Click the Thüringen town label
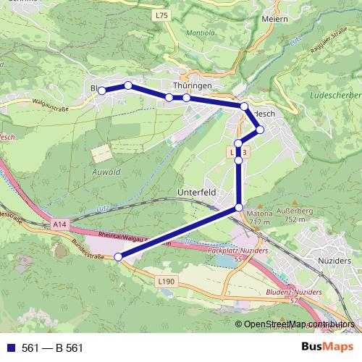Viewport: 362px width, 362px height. tap(193, 85)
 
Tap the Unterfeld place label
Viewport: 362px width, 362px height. tap(196, 193)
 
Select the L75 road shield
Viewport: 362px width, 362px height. tap(161, 14)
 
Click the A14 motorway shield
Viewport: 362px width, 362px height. tap(60, 226)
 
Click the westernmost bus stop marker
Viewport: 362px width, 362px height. tap(102, 90)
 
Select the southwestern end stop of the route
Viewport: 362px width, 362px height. tap(119, 256)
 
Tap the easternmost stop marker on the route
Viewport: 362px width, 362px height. tap(261, 130)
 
